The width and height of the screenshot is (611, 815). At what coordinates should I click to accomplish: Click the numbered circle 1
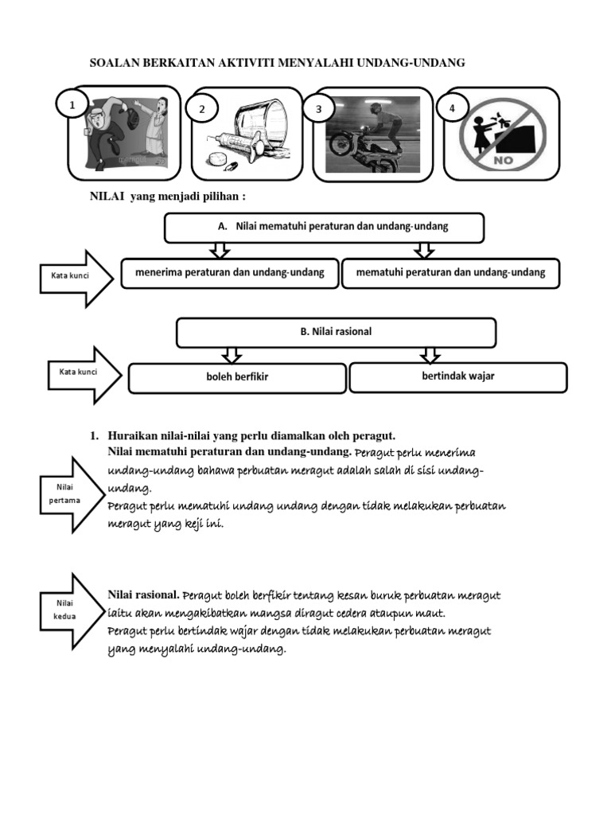pos(72,103)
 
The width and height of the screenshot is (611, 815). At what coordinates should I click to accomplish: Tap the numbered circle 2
pos(202,109)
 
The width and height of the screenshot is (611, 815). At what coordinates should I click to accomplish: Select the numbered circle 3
pos(318,109)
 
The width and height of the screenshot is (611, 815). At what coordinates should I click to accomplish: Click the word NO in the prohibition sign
pos(508,158)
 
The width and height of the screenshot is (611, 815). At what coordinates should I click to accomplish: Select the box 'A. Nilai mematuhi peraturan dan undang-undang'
pos(324,227)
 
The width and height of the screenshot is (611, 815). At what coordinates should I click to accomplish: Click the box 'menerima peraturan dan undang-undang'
pos(228,272)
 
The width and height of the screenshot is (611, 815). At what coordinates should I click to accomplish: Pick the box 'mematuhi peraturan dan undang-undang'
pos(450,272)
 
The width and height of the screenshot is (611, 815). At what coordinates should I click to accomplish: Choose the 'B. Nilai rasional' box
pos(336,333)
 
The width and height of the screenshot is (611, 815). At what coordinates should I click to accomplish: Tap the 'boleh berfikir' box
pos(237,378)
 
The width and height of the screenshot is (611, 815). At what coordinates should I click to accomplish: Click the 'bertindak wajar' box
pos(457,377)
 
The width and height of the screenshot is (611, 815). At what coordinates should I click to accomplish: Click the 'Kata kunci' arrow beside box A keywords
pos(74,277)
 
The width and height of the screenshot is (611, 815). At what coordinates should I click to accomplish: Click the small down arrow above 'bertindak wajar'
pos(430,354)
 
